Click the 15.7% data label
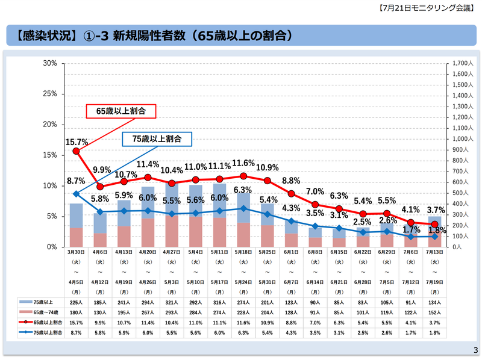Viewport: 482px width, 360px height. [77, 142]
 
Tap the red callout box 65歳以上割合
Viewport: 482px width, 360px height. [120, 111]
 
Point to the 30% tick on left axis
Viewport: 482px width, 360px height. [50, 63]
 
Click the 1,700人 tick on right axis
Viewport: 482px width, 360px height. [462, 63]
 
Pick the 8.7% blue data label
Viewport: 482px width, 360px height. [75, 181]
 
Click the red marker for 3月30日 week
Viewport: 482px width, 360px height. [76, 151]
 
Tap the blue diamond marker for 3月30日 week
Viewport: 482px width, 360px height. [76, 194]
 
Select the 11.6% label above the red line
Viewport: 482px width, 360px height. [243, 163]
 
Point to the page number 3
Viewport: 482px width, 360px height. [475, 350]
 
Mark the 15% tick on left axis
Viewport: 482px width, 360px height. [50, 155]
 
